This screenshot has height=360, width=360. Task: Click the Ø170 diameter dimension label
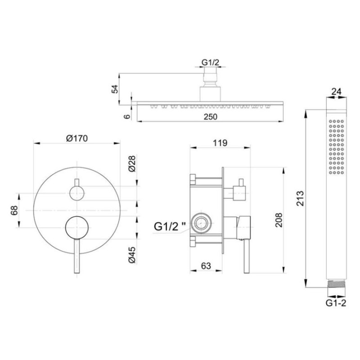click(x=77, y=138)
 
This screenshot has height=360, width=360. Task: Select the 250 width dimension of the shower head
click(x=210, y=117)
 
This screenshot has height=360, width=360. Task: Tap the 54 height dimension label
click(x=115, y=89)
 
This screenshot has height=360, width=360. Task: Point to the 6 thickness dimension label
click(x=127, y=117)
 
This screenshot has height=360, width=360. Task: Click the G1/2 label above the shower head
click(x=210, y=62)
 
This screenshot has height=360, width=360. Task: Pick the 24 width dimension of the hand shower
click(x=337, y=91)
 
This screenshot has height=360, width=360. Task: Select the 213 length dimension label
click(x=300, y=198)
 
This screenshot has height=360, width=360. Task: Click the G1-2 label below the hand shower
click(x=336, y=303)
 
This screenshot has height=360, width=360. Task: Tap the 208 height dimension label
click(x=279, y=220)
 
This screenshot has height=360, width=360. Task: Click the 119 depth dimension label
click(x=220, y=143)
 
